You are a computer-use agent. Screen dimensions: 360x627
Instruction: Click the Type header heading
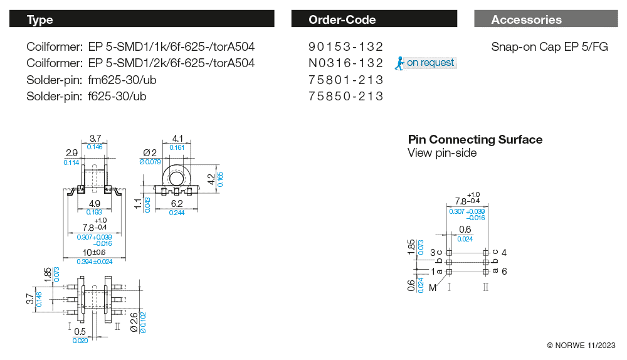[x=40, y=19]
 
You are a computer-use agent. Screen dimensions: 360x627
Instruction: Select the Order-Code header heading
[x=342, y=19]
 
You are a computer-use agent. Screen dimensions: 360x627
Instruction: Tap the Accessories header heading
[x=526, y=19]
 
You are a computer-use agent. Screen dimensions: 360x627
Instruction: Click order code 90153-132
[x=345, y=47]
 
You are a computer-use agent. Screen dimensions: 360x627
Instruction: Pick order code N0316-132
[x=345, y=63]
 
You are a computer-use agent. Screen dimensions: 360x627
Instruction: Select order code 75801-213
[x=345, y=80]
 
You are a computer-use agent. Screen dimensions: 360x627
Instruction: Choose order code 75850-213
[x=345, y=96]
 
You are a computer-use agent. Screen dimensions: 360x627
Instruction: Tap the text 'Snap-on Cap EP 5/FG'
[x=549, y=47]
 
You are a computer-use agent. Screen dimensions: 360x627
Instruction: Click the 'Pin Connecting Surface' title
[x=475, y=139]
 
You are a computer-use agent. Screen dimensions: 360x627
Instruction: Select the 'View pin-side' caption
[x=442, y=153]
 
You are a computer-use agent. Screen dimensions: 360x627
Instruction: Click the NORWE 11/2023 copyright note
[x=581, y=346]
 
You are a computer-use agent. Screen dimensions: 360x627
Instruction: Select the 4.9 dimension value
[x=95, y=203]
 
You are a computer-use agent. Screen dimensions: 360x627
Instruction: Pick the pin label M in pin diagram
[x=433, y=287]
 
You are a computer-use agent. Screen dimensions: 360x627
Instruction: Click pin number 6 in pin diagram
[x=503, y=271]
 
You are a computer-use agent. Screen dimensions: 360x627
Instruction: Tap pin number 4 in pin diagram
[x=503, y=252]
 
